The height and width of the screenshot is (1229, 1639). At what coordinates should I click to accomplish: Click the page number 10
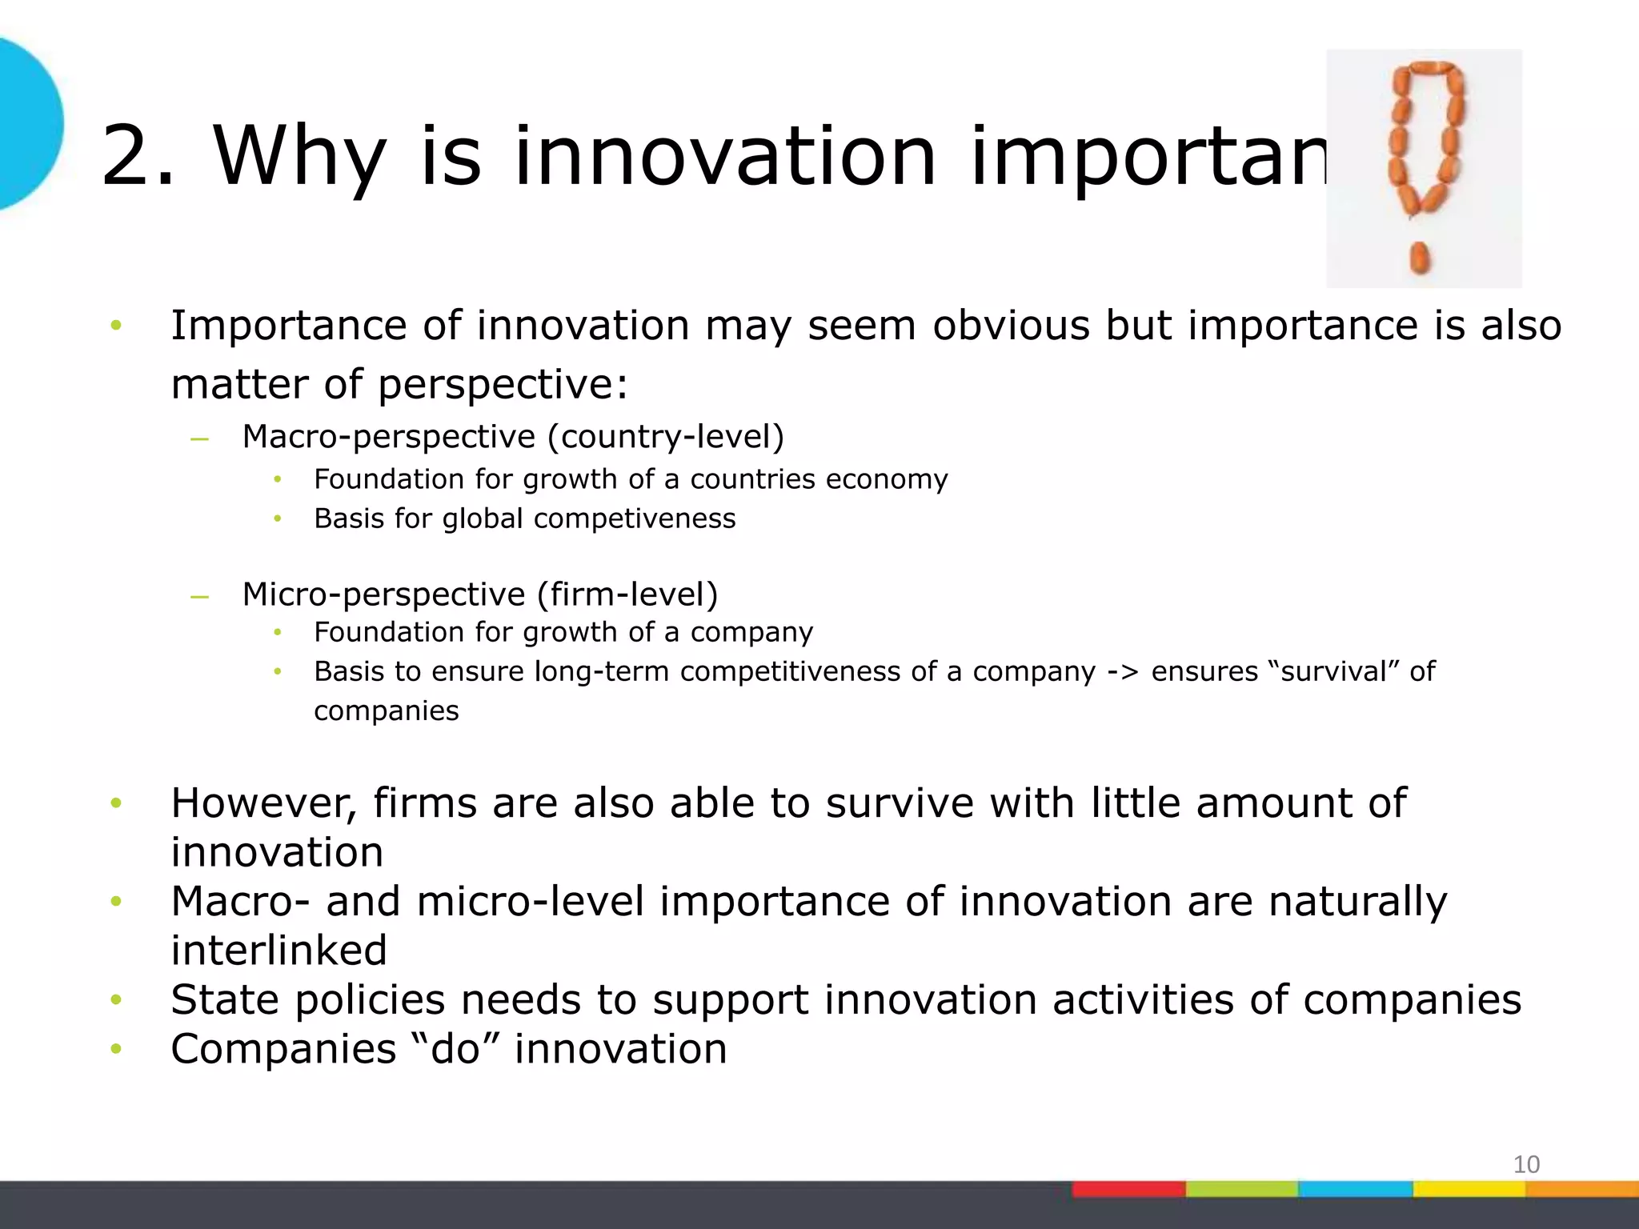[x=1526, y=1164]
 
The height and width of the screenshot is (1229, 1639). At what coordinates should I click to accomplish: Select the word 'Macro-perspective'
[x=389, y=437]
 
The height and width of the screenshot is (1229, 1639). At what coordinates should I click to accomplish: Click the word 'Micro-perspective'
[x=383, y=594]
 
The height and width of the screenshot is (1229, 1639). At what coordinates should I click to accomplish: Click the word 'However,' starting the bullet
[x=263, y=803]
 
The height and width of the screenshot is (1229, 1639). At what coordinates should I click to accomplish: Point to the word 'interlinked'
[x=279, y=951]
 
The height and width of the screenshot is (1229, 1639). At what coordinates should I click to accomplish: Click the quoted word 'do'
[x=455, y=1049]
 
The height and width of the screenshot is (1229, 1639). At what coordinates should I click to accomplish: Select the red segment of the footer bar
[x=1128, y=1189]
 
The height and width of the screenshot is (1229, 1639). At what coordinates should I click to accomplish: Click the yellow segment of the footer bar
[x=1469, y=1189]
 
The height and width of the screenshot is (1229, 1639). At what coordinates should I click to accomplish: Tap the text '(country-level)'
[x=666, y=437]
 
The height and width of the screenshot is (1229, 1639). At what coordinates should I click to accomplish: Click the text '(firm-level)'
[x=627, y=594]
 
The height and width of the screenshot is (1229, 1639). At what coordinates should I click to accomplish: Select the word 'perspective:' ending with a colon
[x=503, y=385]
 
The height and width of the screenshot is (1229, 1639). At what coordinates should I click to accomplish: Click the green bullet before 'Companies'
[x=116, y=1049]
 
